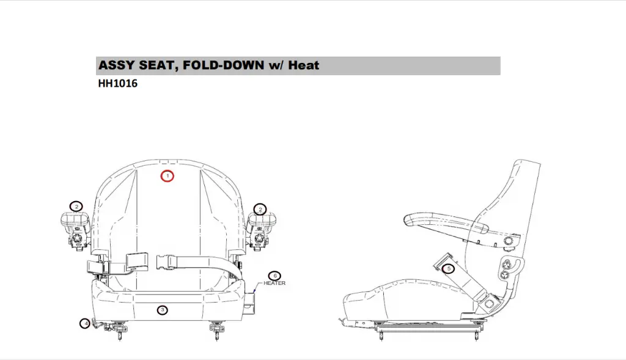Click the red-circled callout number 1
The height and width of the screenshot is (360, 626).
pos(168,176)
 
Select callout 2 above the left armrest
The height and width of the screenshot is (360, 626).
pos(76,206)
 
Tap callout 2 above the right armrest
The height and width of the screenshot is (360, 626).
pos(260,209)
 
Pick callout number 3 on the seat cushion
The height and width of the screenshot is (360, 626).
pos(162,310)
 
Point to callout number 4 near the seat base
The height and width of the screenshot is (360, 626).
pos(85,323)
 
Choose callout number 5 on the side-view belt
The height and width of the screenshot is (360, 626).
pos(449,268)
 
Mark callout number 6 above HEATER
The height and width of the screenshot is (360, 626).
pos(274,276)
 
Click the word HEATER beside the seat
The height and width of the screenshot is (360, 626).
pos(274,283)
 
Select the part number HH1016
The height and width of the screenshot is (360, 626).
pos(117,84)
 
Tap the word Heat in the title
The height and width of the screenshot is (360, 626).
pos(304,65)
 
